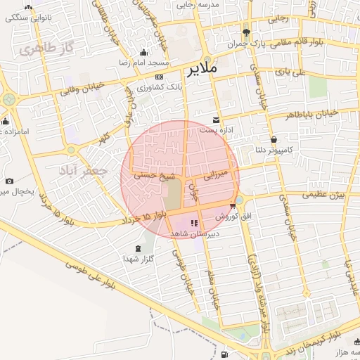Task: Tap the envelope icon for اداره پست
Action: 216,120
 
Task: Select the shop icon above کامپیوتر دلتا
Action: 273,139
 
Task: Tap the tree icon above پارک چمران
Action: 245,32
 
